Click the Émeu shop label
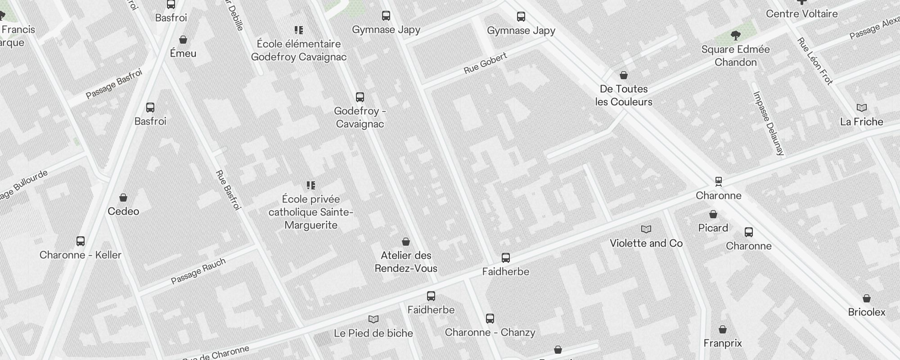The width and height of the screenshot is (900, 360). [x=183, y=54]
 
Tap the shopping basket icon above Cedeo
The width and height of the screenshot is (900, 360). [x=123, y=198]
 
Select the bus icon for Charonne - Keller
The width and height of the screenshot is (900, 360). [x=81, y=241]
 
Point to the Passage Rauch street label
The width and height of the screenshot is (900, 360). [x=198, y=271]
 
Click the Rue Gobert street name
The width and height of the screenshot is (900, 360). [x=486, y=63]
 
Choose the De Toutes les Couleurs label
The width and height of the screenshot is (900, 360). [x=624, y=95]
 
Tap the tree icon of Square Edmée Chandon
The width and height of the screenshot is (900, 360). [x=736, y=35]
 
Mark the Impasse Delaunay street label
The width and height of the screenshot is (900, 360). [x=769, y=123]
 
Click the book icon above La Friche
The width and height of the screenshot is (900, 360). [x=862, y=108]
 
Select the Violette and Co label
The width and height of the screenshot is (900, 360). [x=646, y=243]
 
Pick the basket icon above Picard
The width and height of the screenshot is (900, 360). [x=713, y=214]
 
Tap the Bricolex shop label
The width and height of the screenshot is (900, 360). [x=867, y=312]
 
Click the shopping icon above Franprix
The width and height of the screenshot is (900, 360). [x=723, y=330]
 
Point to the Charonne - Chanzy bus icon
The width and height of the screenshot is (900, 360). [x=490, y=319]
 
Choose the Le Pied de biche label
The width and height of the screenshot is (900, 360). [x=373, y=333]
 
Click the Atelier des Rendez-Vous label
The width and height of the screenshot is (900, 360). [x=406, y=262]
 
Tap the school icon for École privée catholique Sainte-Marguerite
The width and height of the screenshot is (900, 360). [x=311, y=185]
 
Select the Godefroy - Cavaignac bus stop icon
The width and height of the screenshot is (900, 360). [x=360, y=97]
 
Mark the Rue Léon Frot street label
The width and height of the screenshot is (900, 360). [x=815, y=61]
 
